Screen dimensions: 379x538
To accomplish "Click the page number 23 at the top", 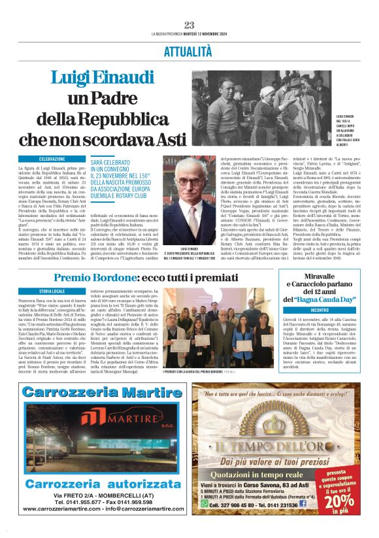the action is pyautogui.click(x=189, y=25).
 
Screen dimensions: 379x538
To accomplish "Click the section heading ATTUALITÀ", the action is pyautogui.click(x=189, y=50).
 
